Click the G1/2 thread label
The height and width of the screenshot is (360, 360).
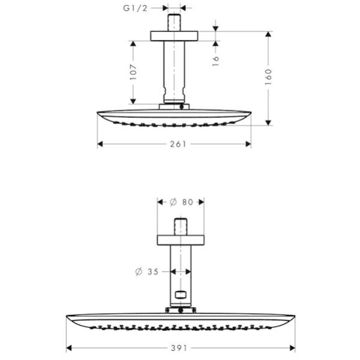click(x=135, y=8)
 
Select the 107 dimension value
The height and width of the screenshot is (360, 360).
click(x=133, y=72)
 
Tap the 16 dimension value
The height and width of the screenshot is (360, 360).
click(x=216, y=61)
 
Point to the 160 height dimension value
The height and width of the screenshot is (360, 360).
click(x=268, y=77)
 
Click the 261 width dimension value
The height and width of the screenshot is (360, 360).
click(x=178, y=144)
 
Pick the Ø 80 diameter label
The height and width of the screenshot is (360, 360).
click(x=181, y=202)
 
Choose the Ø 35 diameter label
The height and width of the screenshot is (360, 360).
click(x=147, y=272)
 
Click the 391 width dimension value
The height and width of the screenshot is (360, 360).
click(x=179, y=348)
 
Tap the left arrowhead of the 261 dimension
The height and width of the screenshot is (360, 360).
click(x=100, y=144)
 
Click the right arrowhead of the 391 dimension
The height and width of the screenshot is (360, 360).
click(x=292, y=348)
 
